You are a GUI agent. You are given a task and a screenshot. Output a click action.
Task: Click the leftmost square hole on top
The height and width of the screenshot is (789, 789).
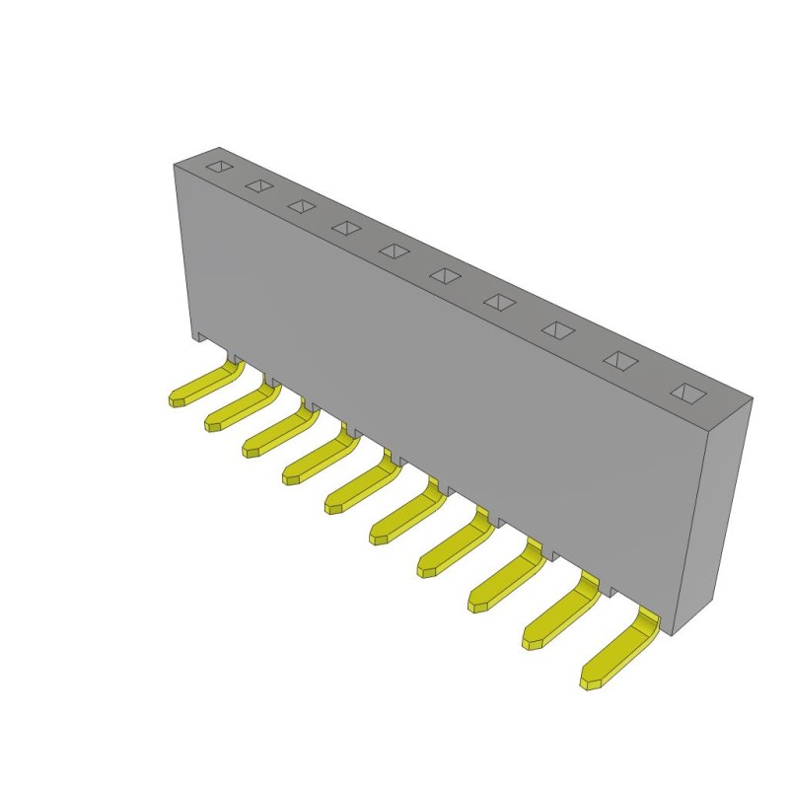(x=220, y=167)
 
